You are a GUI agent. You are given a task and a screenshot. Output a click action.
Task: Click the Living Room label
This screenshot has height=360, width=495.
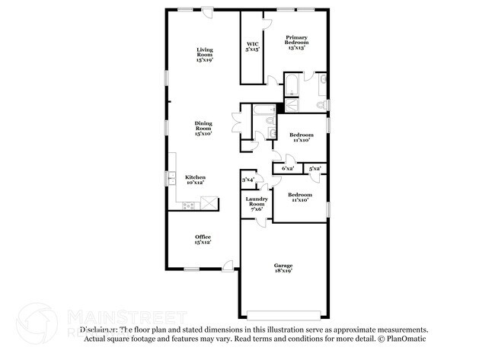(204, 54)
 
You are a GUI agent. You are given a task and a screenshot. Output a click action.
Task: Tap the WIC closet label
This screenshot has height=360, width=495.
(252, 46)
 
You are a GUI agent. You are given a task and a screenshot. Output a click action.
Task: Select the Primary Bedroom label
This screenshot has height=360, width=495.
(295, 42)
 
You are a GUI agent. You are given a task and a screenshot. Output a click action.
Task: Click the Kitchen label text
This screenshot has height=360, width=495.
(196, 180)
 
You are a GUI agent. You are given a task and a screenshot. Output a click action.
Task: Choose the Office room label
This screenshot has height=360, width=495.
(203, 239)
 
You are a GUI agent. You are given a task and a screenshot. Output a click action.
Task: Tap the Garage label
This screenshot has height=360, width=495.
(283, 267)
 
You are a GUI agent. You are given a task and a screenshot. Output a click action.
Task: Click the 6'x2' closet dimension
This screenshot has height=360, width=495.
(288, 168)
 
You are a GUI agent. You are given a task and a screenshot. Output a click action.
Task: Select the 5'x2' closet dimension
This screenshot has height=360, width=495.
(315, 168)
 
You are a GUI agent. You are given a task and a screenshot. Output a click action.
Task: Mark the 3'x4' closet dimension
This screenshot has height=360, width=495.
(248, 180)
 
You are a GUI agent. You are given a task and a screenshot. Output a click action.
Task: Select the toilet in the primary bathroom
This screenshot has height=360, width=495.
(323, 104)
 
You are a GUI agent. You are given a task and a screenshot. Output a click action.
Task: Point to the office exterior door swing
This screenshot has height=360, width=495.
(228, 266)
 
